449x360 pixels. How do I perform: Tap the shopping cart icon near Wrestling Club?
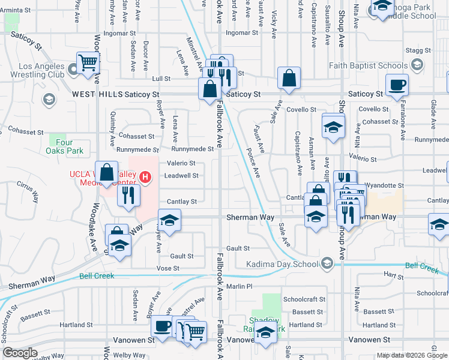pos(88,62)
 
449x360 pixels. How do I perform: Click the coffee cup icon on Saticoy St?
pos(397,85)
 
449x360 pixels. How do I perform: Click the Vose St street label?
pos(168,268)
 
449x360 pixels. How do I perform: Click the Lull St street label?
pos(161,79)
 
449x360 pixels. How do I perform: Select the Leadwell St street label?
pos(181,176)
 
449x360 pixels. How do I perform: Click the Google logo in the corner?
pos(20,353)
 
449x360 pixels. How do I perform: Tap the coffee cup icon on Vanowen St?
pos(161,326)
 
